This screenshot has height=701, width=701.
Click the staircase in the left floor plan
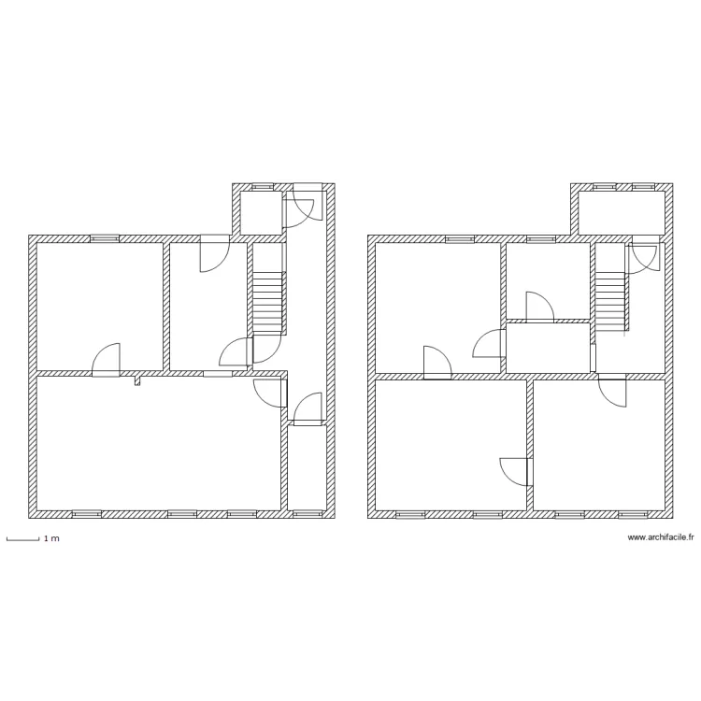pyautogui.click(x=268, y=302)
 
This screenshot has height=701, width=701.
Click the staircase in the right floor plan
pyautogui.click(x=610, y=301)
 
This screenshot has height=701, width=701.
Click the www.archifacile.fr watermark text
pyautogui.click(x=661, y=537)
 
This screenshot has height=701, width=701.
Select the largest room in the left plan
pyautogui.click(x=159, y=444)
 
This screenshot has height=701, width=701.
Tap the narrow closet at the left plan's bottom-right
pyautogui.click(x=306, y=467)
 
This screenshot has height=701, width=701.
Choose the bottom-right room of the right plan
pyautogui.click(x=599, y=447)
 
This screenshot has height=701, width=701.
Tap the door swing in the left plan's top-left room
pyautogui.click(x=107, y=359)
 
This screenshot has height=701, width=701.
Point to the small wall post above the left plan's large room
pyautogui.click(x=137, y=380)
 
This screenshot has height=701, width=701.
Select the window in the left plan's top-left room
pyautogui.click(x=105, y=239)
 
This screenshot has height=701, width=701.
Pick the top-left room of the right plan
pyautogui.click(x=437, y=304)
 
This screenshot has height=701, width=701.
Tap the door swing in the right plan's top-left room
pyautogui.click(x=436, y=363)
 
